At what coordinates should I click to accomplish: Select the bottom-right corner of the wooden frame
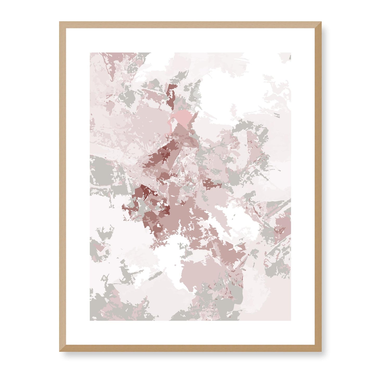[321, 352]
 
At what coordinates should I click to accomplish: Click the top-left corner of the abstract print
[90, 53]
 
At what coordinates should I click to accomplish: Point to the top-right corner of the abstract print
[291, 53]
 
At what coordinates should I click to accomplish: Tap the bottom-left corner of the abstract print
[90, 320]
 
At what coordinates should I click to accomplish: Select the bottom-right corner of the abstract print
[291, 320]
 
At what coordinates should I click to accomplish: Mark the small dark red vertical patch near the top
[171, 98]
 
